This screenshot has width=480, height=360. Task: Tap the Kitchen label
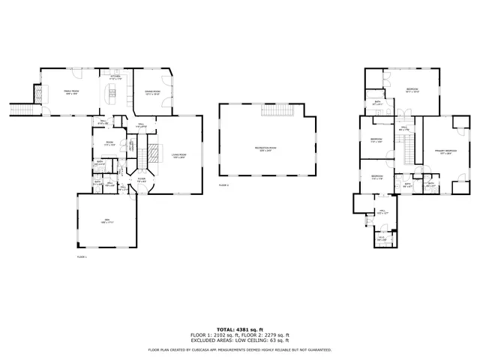[x=115, y=76]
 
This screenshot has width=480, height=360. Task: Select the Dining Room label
[x=152, y=91]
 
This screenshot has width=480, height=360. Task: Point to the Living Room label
[x=178, y=155]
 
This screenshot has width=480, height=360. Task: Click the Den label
[x=107, y=220]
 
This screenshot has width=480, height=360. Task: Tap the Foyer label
[x=141, y=179]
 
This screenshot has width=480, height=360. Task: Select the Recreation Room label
[x=262, y=148]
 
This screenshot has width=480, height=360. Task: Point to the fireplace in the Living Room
[x=153, y=154]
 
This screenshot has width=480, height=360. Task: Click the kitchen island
[x=115, y=92]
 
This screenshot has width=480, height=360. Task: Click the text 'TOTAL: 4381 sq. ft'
[x=239, y=329]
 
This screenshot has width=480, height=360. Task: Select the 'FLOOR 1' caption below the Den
[x=82, y=256]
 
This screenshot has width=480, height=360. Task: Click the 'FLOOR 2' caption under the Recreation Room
[x=223, y=184]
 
